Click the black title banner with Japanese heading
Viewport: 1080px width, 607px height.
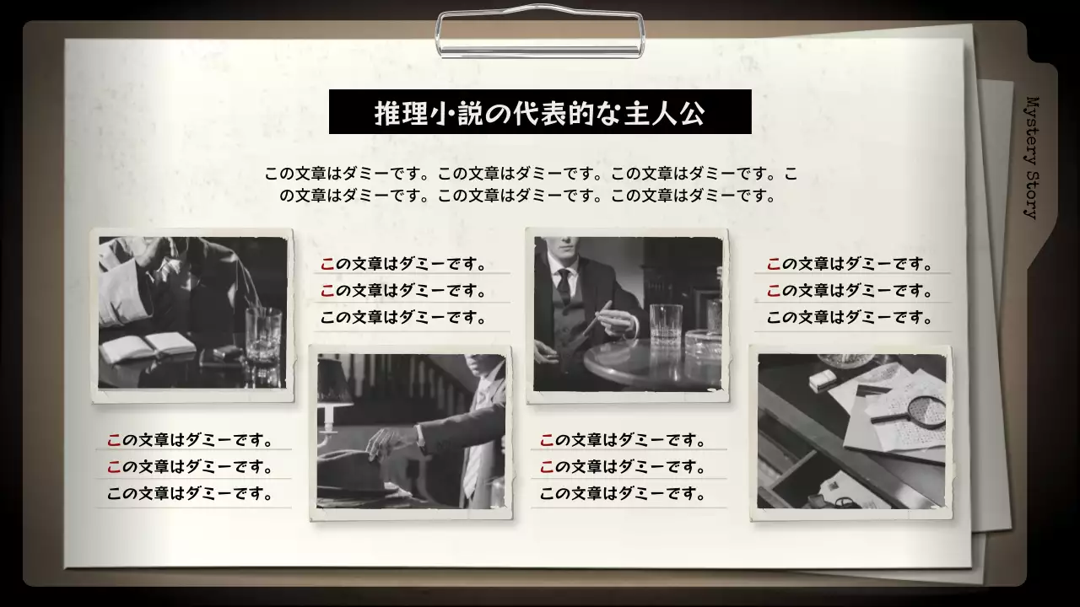pyautogui.click(x=540, y=112)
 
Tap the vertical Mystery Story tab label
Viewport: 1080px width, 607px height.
pyautogui.click(x=1031, y=157)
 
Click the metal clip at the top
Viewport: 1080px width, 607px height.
pyautogui.click(x=540, y=34)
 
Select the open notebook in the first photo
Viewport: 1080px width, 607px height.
pyautogui.click(x=148, y=346)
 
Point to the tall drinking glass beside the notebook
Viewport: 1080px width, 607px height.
pyautogui.click(x=262, y=335)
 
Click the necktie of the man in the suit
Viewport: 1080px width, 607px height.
pyautogui.click(x=564, y=287)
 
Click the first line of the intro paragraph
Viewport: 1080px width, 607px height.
pyautogui.click(x=531, y=175)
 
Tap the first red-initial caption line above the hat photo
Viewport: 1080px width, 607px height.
pyautogui.click(x=403, y=264)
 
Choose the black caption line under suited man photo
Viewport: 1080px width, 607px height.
pyautogui.click(x=622, y=494)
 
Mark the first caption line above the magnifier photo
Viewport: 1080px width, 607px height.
pyautogui.click(x=850, y=264)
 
